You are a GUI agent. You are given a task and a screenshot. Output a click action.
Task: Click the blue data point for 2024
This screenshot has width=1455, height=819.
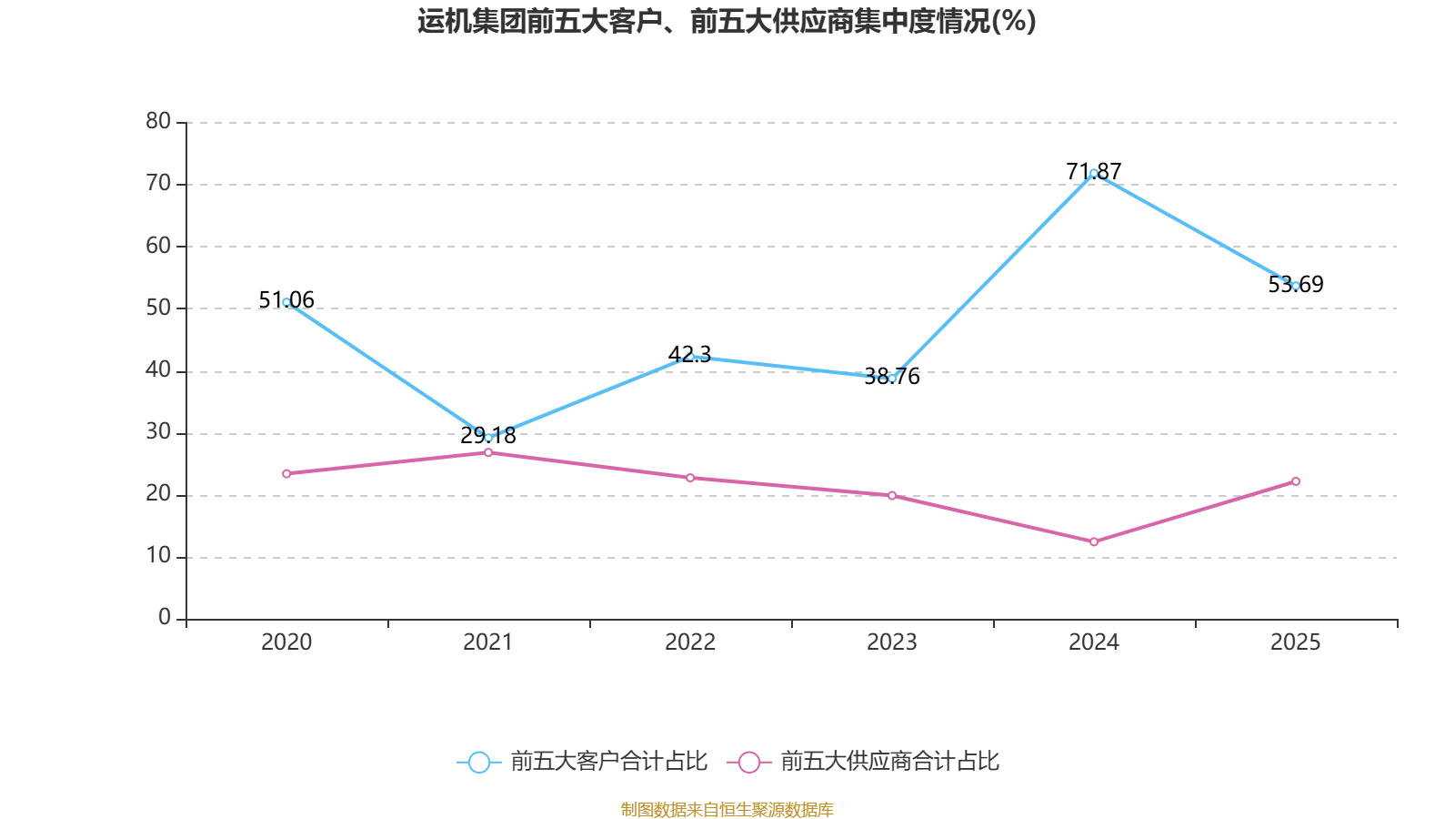tap(1094, 173)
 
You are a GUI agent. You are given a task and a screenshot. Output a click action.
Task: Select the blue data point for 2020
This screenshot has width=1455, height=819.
tap(286, 302)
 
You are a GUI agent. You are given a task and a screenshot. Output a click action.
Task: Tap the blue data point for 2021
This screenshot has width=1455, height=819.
tap(488, 438)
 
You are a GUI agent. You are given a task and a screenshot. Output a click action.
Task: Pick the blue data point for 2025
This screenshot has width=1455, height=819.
tap(1296, 286)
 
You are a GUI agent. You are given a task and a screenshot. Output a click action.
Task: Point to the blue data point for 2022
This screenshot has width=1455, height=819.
tap(690, 356)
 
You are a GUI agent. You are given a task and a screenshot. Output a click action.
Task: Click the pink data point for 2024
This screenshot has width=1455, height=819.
tap(1094, 541)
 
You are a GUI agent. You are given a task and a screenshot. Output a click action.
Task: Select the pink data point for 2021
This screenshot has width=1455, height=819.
tap(488, 452)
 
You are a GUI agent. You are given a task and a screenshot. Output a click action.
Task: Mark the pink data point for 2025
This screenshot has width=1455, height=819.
tap(1296, 481)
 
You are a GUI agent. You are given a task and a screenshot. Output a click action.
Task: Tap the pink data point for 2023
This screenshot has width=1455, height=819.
tap(892, 495)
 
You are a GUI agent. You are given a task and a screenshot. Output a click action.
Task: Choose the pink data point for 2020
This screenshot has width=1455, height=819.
tap(286, 473)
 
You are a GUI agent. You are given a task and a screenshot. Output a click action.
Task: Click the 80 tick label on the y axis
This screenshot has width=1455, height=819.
tap(158, 121)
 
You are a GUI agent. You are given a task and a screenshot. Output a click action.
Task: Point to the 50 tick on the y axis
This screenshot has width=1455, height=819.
tap(158, 308)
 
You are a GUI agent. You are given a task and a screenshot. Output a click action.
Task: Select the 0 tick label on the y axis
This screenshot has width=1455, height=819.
tap(165, 618)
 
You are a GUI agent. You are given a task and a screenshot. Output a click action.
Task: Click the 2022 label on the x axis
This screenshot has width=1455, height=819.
tap(690, 642)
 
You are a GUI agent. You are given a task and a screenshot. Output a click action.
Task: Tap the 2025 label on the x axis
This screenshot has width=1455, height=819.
tap(1295, 642)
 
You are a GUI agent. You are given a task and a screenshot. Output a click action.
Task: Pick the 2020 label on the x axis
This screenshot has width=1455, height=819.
tap(286, 642)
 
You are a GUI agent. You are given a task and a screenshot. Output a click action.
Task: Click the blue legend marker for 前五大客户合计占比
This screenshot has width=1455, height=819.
tap(478, 762)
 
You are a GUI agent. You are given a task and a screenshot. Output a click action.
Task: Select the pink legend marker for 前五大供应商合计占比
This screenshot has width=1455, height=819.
tap(748, 762)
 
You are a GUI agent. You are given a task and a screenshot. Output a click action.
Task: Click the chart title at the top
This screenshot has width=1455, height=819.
tap(727, 21)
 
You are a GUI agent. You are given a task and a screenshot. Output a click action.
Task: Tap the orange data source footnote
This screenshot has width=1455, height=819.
tap(727, 809)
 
